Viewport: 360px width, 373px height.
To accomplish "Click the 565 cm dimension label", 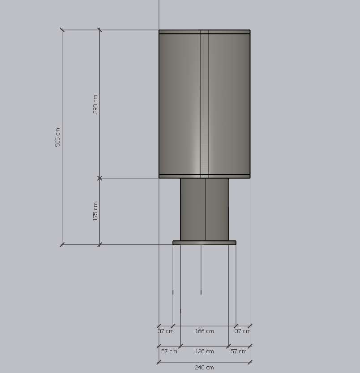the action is (58, 137).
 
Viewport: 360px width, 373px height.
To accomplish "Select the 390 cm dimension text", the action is (95, 104).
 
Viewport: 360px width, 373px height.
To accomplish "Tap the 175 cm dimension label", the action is (95, 212).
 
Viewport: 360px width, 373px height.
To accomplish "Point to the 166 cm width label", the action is (204, 331).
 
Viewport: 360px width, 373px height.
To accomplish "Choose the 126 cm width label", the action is (204, 351).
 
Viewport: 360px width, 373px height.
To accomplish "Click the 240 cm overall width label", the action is (204, 368).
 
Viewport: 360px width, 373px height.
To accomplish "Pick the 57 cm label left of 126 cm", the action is (169, 351).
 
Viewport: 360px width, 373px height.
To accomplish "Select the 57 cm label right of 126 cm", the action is (239, 351).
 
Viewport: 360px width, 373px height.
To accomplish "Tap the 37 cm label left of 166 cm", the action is (166, 331).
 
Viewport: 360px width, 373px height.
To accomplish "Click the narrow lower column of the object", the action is (204, 209).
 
